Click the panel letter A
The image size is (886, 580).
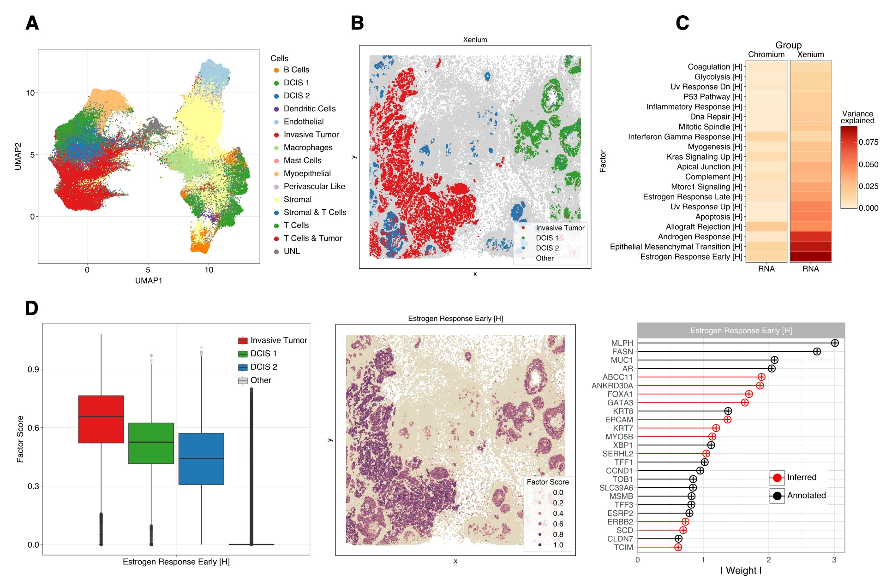32,23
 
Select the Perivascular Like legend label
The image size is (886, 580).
314,186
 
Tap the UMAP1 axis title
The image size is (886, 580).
148,280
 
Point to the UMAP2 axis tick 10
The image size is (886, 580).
30,93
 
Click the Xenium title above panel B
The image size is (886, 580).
475,40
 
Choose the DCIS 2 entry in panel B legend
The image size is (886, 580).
547,248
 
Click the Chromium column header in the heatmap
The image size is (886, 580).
766,54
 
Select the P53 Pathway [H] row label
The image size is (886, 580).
712,97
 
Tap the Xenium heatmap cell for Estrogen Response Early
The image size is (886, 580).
810,257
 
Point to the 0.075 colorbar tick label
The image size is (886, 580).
868,142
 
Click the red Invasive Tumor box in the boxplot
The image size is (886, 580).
101,419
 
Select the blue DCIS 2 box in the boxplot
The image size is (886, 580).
201,459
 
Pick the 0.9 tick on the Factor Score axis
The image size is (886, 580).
33,369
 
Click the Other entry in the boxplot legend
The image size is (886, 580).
260,380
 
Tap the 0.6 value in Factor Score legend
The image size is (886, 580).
558,524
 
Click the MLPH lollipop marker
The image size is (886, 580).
834,343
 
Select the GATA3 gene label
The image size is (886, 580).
620,402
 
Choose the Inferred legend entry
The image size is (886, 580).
801,477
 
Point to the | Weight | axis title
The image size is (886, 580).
741,570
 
